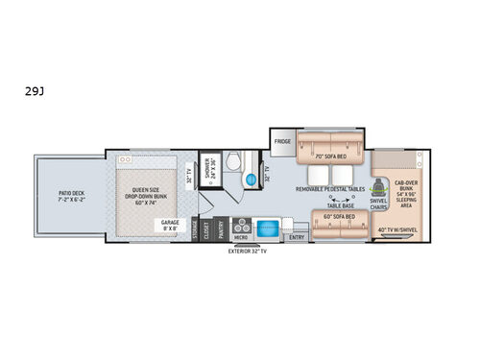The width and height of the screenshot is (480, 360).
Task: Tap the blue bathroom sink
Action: (x=250, y=180)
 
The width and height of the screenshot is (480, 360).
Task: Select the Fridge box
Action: (x=282, y=142)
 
